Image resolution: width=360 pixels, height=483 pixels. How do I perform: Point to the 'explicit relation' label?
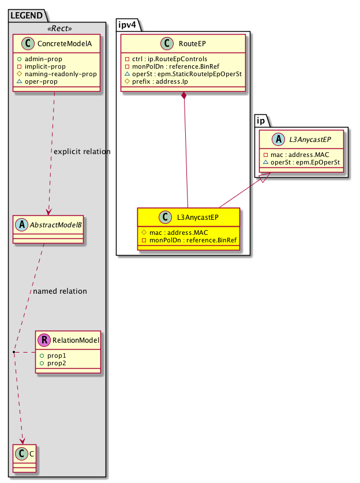[x=81, y=151]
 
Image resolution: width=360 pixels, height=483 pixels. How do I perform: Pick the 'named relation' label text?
[x=60, y=291]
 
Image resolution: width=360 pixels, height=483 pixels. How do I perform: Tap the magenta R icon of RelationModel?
[x=43, y=340]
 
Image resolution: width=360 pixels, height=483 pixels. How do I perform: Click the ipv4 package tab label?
[x=126, y=24]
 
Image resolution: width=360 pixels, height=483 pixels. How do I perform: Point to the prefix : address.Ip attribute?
[x=161, y=82]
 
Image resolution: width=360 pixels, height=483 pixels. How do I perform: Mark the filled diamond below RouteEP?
[x=183, y=96]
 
